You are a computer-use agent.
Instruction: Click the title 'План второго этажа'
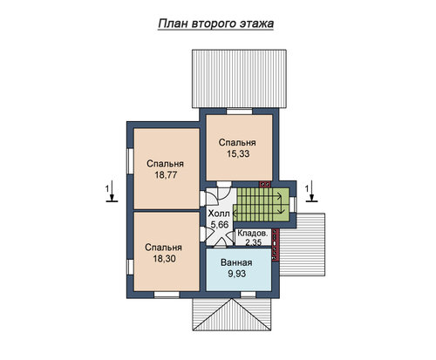215,24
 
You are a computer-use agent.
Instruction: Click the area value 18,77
166,175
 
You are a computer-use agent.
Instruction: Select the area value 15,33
238,153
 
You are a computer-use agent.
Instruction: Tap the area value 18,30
164,259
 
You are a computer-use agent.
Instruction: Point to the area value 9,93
237,274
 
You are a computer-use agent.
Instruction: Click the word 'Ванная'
236,262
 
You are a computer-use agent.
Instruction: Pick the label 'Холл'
219,214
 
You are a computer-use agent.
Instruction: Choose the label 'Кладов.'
253,233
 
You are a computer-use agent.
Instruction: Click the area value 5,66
220,225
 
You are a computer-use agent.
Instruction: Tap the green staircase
262,205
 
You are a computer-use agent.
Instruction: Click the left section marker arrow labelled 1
112,191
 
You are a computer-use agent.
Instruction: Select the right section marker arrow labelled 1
311,191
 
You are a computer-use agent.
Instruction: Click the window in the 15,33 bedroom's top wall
239,112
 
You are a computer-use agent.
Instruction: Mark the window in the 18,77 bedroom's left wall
130,161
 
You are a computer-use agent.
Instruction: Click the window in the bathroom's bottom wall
249,295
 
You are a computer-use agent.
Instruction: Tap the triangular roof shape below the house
232,315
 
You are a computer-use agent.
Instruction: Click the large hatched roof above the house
239,79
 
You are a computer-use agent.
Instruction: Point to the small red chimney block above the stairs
265,184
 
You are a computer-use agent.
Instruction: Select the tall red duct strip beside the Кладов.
276,244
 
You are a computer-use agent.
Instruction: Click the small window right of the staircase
293,205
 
